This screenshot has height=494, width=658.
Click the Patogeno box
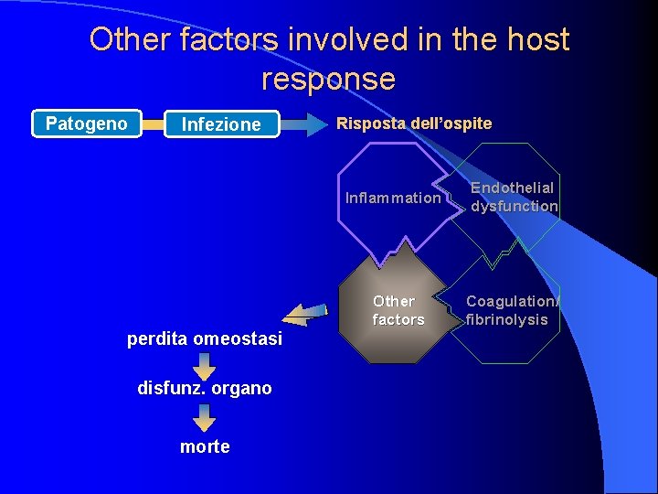coord(87,123)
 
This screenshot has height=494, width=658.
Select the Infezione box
coord(221,124)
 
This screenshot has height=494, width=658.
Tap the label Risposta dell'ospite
coord(414,123)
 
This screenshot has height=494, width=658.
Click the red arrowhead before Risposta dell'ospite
coord(319,123)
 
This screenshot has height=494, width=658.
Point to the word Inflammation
coord(393,198)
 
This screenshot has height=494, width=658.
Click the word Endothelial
coord(512,188)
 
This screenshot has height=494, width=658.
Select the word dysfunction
coord(514,206)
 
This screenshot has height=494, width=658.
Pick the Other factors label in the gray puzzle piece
coord(398,310)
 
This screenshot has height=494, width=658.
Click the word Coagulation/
coord(512,301)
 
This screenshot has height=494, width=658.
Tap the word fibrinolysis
coord(506,319)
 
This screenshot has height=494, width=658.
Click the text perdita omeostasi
coord(205,339)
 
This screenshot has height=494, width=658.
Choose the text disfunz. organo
coord(205,388)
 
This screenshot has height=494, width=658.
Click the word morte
coord(205,446)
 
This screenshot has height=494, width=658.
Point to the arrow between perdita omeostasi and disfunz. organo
coord(205,365)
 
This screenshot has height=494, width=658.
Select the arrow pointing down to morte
coord(205,418)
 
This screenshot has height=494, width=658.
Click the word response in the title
coord(328,79)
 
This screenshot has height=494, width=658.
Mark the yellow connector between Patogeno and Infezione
coord(153,123)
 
